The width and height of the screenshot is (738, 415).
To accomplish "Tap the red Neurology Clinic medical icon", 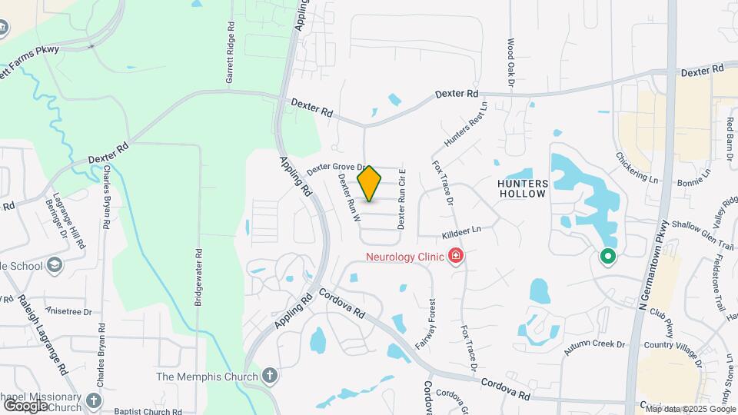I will point(457,255).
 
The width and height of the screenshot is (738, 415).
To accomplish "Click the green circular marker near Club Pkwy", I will point(607,256).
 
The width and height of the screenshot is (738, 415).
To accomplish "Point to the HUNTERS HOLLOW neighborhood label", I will point(523,188).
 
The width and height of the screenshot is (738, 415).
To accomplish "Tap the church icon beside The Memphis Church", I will point(269,376).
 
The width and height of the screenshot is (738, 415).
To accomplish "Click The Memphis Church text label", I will point(206,377).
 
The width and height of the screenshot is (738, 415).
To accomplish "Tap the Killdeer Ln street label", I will point(461,231).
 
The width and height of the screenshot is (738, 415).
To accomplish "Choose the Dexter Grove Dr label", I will point(335,166).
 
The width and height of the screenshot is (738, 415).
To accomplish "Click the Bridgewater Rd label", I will point(198,277).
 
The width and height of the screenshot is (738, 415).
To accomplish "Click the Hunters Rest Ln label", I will point(466,125).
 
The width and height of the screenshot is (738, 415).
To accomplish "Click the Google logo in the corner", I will point(26,405).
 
